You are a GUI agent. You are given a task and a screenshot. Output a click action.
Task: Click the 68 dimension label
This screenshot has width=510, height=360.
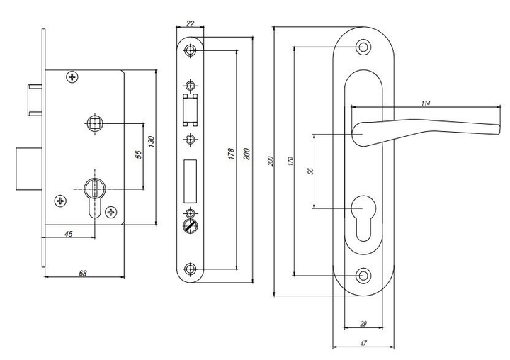84,273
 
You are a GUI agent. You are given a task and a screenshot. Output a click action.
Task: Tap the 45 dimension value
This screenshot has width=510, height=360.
69,234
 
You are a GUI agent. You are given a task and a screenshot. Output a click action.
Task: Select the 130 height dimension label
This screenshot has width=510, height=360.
151,141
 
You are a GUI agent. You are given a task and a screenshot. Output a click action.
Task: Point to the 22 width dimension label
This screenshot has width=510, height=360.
191,23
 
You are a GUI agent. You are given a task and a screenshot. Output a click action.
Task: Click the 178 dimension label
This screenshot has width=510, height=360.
231,154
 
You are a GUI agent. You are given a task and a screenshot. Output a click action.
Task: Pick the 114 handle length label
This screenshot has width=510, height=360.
426,103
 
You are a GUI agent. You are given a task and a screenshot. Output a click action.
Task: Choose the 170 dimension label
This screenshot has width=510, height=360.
291,161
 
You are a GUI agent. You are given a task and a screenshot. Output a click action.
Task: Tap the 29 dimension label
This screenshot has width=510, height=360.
363,324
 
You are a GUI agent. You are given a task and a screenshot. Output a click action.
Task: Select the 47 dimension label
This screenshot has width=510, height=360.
363,343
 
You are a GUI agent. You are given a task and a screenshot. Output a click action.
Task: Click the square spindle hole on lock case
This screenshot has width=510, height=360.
95,123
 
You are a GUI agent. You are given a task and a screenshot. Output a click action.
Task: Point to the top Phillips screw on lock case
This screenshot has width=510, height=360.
72,77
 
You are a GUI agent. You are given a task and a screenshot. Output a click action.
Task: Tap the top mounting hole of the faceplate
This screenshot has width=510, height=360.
190,50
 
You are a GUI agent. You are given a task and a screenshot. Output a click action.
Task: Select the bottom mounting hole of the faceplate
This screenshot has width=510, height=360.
190,269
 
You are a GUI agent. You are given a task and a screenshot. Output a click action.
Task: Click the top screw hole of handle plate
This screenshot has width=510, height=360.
363,47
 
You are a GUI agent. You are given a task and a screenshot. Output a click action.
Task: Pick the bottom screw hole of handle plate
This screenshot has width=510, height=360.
363,276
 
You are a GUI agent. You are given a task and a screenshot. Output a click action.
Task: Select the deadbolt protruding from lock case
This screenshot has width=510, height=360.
28,169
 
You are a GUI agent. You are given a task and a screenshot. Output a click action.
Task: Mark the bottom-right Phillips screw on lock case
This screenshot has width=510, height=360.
112,212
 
